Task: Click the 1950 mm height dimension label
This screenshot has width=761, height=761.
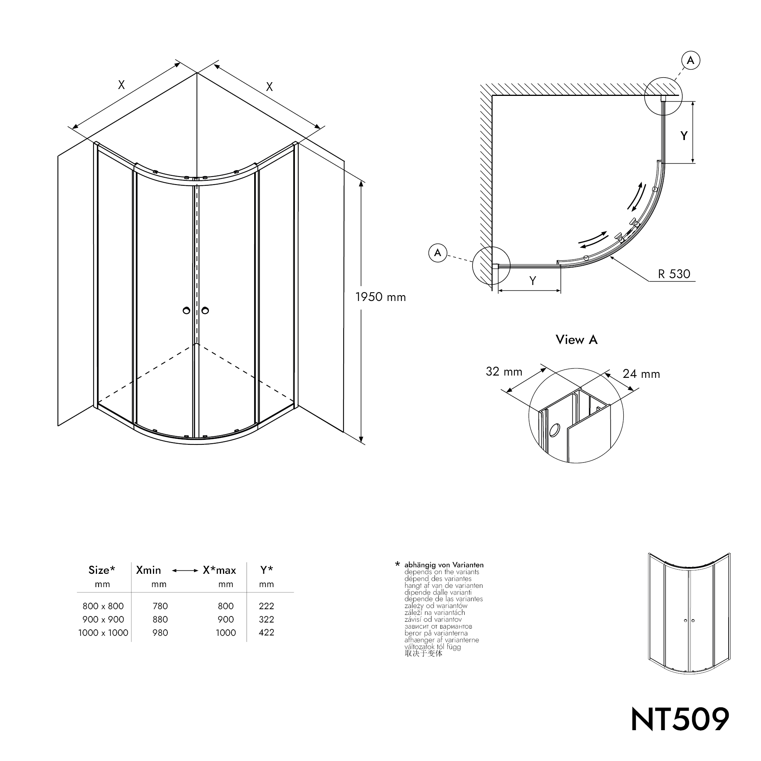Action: (x=380, y=297)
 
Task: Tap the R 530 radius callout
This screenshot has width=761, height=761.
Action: (x=674, y=274)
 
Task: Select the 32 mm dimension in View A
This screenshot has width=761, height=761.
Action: (x=504, y=371)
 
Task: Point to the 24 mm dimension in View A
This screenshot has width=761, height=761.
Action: (x=641, y=374)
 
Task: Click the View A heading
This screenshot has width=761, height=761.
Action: (x=576, y=339)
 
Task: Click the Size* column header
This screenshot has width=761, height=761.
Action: (x=102, y=570)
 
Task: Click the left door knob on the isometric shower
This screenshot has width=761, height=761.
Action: (x=187, y=311)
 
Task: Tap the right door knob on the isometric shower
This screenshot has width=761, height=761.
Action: (x=205, y=311)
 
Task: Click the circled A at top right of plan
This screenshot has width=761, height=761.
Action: (x=691, y=60)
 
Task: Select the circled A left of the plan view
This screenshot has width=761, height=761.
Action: (x=438, y=253)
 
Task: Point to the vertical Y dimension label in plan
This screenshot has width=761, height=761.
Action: (x=684, y=136)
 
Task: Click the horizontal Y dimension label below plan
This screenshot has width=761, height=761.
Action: (x=533, y=280)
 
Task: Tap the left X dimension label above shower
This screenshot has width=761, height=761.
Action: (x=121, y=85)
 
